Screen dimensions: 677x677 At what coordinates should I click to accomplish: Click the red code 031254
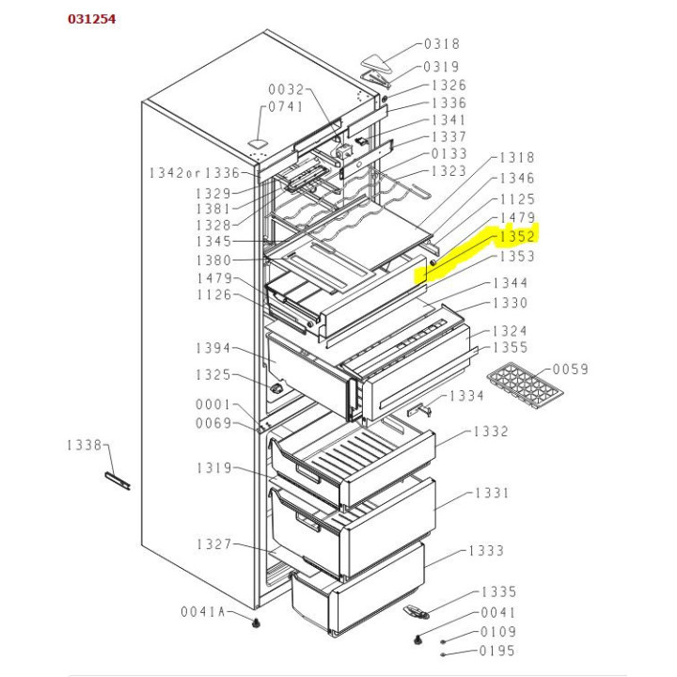coord(92,20)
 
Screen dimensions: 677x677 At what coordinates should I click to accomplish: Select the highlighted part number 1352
coord(516,237)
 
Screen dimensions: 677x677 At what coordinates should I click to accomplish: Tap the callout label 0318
coord(442,44)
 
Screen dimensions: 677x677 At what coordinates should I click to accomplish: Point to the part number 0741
coord(286,107)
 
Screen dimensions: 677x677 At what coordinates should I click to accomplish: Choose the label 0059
coord(570,370)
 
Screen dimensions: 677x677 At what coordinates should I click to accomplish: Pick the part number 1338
coord(86,445)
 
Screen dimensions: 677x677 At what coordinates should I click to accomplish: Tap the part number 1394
coord(213,349)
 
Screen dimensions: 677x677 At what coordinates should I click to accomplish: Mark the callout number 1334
coord(466,396)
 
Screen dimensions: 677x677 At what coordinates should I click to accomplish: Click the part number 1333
coord(486,550)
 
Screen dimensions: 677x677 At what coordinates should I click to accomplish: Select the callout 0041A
coord(204,612)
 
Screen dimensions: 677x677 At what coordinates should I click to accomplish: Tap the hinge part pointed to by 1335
coord(415,611)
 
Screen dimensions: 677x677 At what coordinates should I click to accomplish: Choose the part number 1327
coord(214,544)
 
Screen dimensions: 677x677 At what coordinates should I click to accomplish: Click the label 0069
coord(213,423)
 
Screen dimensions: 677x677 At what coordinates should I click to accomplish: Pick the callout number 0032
coord(287,90)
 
